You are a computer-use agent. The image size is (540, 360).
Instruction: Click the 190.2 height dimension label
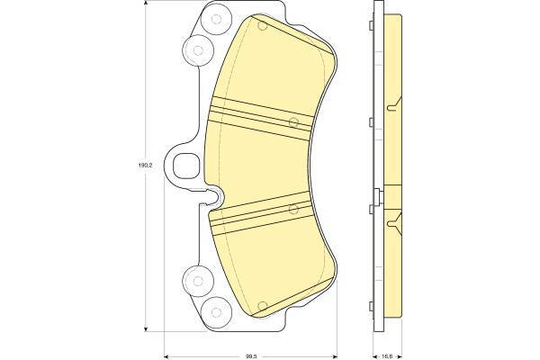(145, 165)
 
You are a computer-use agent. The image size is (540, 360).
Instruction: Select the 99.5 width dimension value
(250, 356)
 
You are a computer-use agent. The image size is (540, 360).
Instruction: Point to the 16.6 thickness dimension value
(388, 356)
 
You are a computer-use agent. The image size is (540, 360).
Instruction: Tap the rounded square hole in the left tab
(186, 166)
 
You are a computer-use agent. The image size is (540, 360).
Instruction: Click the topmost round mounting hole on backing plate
(216, 19)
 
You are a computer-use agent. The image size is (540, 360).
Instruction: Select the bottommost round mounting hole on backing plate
(216, 312)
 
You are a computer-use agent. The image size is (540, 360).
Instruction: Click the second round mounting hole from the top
(198, 50)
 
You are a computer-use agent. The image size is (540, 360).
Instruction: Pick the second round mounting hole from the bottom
(198, 281)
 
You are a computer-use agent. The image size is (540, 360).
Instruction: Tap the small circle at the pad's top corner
(263, 26)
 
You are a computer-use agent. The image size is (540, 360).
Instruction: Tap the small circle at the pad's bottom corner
(263, 306)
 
